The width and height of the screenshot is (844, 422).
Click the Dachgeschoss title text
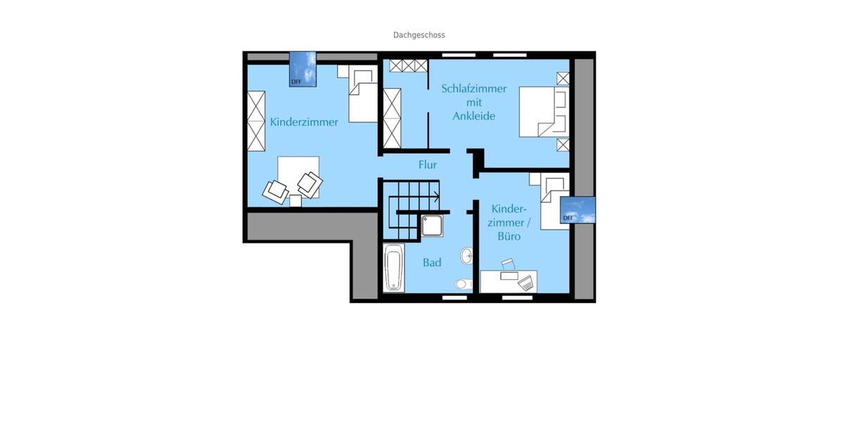(x=418, y=34)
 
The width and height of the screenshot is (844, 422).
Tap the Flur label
(x=428, y=165)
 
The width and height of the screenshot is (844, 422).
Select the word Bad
(x=432, y=262)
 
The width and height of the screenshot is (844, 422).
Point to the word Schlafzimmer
(x=474, y=89)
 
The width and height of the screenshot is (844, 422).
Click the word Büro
(x=509, y=236)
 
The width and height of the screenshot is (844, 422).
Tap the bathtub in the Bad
(x=394, y=267)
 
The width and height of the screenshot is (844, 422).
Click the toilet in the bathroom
(x=463, y=284)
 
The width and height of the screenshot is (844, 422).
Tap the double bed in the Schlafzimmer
(x=544, y=111)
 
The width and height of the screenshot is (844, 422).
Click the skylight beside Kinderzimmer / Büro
(x=577, y=210)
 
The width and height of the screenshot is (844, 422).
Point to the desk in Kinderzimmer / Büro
(x=508, y=281)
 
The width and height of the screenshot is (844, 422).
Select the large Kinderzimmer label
(x=304, y=122)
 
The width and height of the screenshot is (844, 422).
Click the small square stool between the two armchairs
(x=295, y=200)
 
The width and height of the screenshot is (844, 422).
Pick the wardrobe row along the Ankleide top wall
(x=409, y=66)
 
